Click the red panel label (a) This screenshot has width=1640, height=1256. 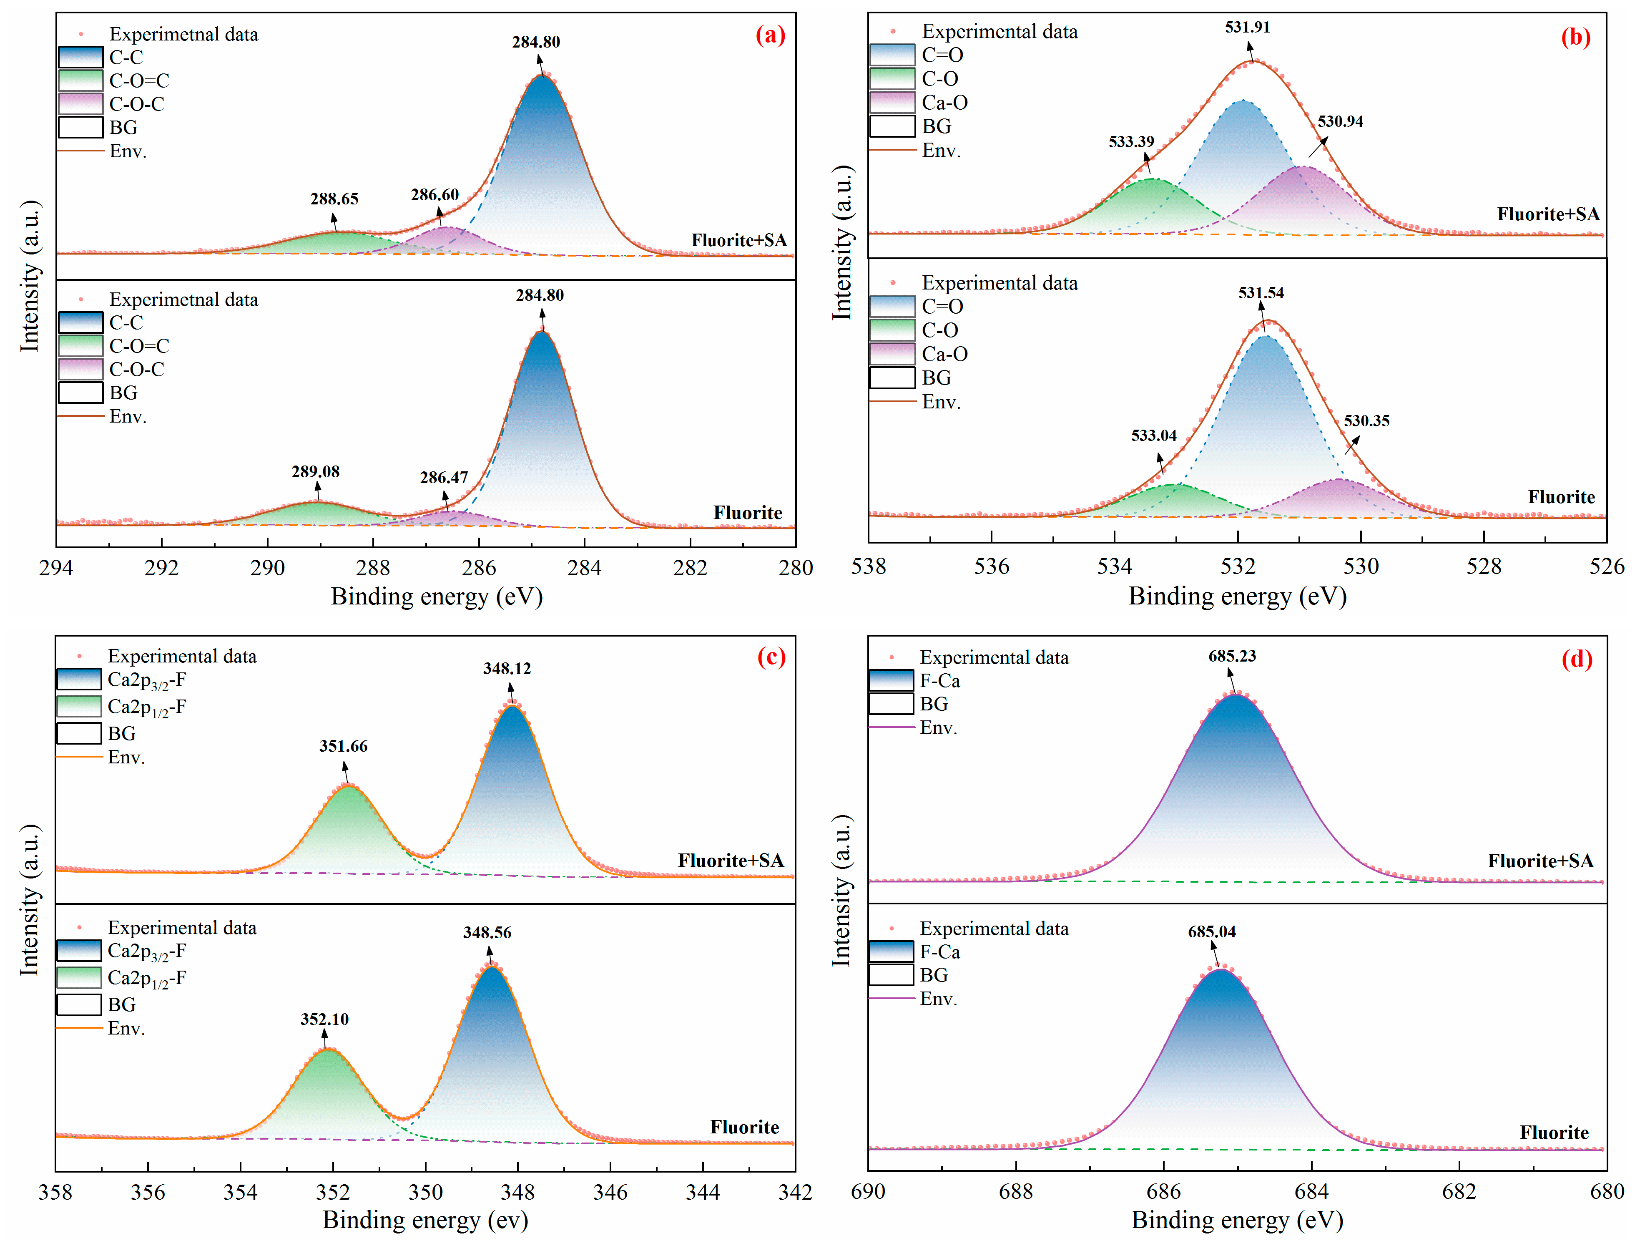[x=770, y=35]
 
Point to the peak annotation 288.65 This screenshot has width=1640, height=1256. [x=334, y=199]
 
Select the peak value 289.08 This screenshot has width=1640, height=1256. [x=315, y=472]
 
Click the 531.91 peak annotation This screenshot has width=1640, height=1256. [x=1247, y=28]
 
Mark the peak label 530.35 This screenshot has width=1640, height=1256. [x=1366, y=421]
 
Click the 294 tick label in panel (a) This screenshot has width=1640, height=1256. [x=56, y=568]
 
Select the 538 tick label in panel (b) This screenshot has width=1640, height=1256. [x=868, y=567]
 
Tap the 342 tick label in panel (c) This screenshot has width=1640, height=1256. [x=795, y=1192]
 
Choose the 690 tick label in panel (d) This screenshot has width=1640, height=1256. [x=868, y=1191]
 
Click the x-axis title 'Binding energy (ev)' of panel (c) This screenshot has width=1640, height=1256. [x=425, y=1220]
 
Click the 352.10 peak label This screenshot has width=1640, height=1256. [x=324, y=1019]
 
